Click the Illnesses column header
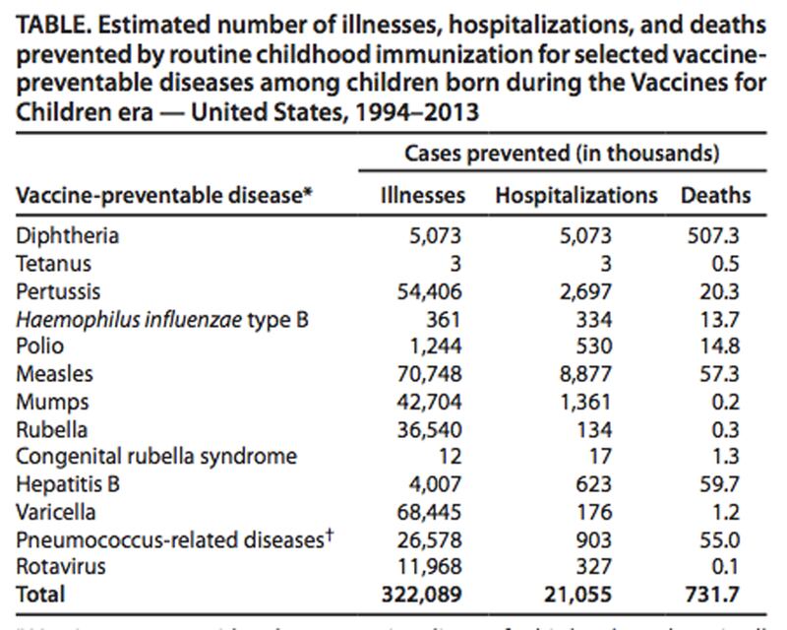pos(422,195)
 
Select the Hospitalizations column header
pos(575,195)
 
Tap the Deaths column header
pos(715,195)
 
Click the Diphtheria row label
pos(67,236)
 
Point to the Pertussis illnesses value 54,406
pos(429,291)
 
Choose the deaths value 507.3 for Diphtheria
pos(718,236)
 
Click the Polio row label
pos(38,346)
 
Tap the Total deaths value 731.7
pos(717,594)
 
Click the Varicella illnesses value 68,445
pos(429,511)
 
